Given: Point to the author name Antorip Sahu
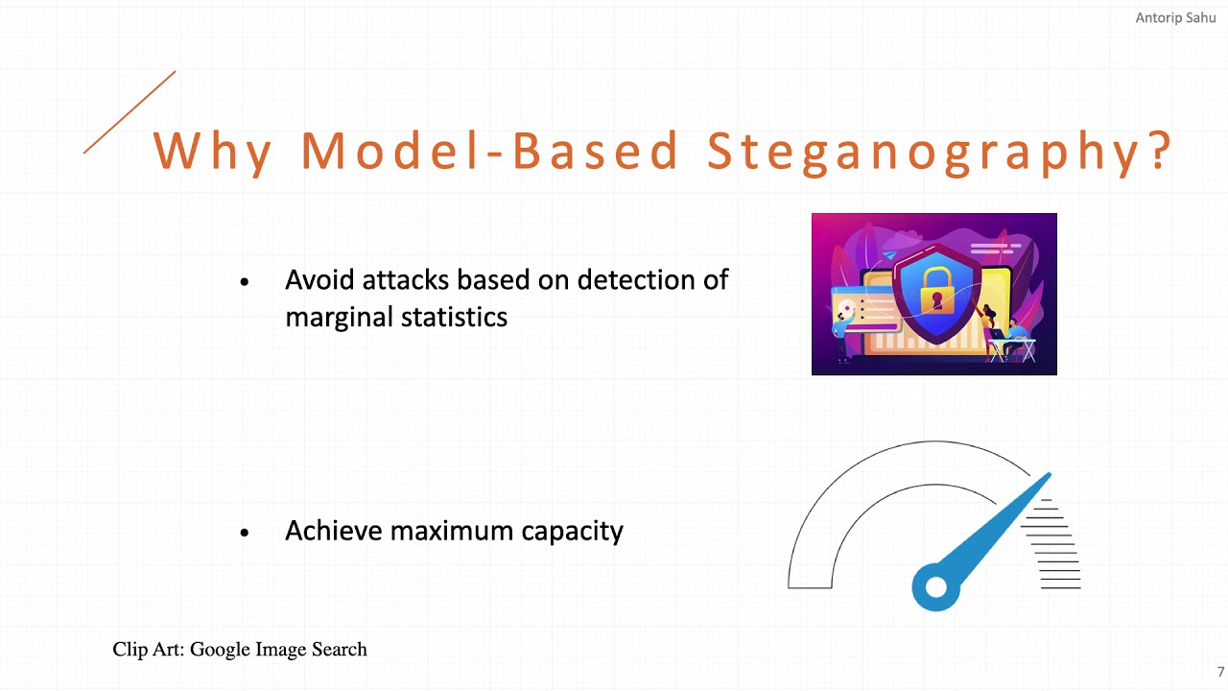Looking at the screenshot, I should [x=1175, y=18].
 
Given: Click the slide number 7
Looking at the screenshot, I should [x=1220, y=672].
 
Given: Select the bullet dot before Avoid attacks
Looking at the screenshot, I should [x=245, y=281].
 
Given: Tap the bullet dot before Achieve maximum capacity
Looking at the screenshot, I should [x=245, y=532].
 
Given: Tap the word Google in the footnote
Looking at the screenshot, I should [x=221, y=650].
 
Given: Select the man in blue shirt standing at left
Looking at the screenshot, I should [x=842, y=331].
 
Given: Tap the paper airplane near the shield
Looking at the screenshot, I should [x=889, y=254].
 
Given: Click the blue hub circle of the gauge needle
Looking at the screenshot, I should [x=935, y=586].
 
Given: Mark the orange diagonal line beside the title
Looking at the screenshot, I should [x=130, y=111].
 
